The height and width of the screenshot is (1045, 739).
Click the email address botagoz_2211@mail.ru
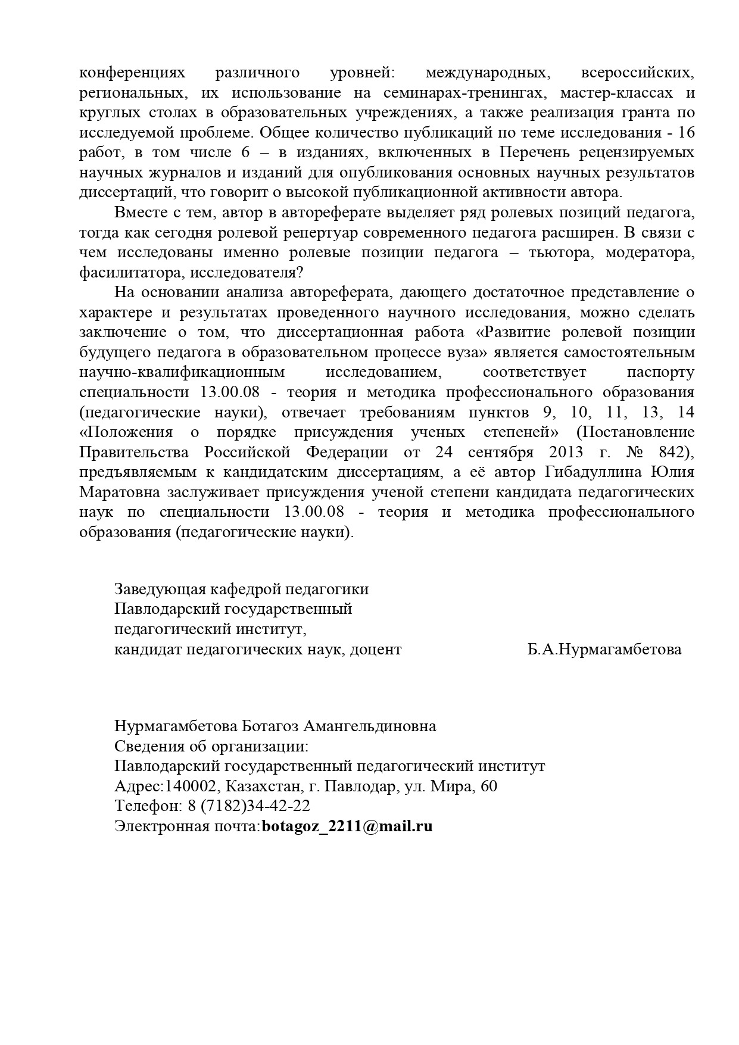point(347,826)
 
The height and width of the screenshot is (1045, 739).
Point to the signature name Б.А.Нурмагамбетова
point(604,649)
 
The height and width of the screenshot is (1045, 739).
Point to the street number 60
point(489,787)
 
